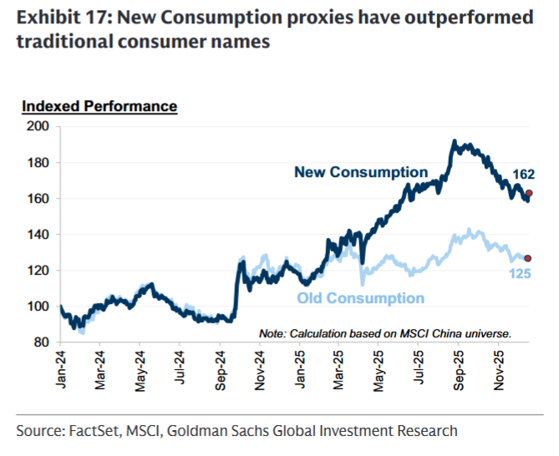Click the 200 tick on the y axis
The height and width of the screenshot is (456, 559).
coord(40,126)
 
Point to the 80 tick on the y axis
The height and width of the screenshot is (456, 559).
coord(43,342)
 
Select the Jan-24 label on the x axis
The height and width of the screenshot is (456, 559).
coord(59,368)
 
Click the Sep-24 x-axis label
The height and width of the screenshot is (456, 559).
coord(220,368)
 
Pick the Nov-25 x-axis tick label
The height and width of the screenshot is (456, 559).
coord(500,368)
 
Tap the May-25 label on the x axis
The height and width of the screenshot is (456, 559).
coord(380,368)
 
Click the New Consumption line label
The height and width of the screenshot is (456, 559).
coord(360,172)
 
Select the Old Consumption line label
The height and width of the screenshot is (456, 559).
coord(360,298)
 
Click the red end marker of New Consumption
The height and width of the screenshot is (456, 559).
coord(528,193)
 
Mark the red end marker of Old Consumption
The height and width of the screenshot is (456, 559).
coord(528,258)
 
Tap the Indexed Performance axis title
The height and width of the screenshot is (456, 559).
coord(99,106)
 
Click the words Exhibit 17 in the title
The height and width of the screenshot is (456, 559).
coord(61,18)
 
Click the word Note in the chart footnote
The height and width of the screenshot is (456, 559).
coord(272,332)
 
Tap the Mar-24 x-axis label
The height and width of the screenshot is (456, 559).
coord(99,368)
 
